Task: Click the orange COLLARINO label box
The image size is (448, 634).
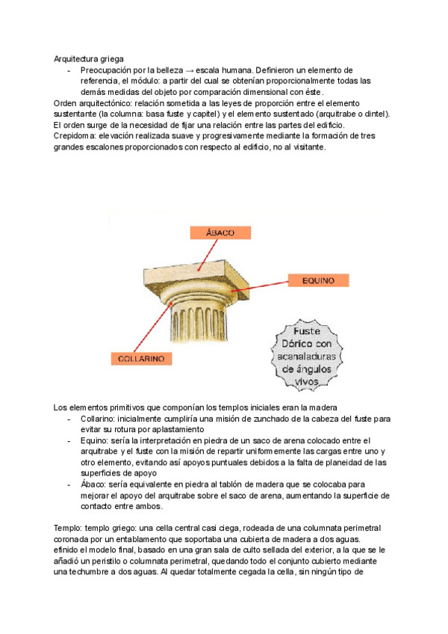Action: pos(141,359)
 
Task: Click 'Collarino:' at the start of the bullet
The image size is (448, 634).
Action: pos(100,419)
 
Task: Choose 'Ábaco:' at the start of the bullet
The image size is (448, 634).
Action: pos(95,484)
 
